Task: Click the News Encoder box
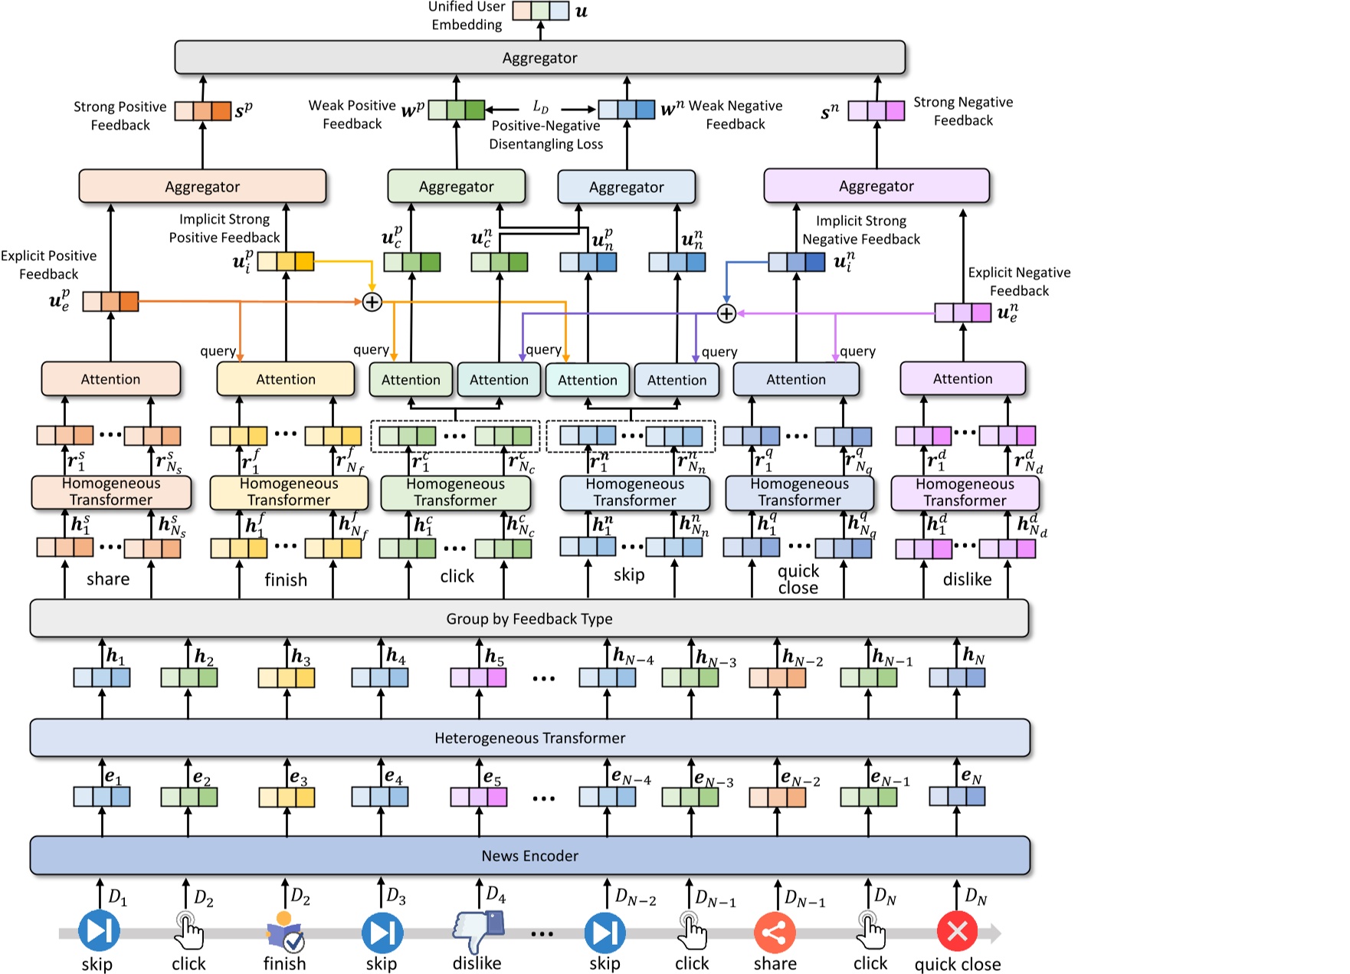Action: (x=529, y=855)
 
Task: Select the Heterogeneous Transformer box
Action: (x=529, y=738)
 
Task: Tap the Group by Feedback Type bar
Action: (x=529, y=618)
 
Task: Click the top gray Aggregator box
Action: (x=539, y=57)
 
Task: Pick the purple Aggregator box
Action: (x=876, y=186)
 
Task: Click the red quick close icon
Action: (x=957, y=931)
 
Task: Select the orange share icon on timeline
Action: (x=775, y=933)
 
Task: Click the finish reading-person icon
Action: (x=285, y=931)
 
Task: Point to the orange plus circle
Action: (x=372, y=302)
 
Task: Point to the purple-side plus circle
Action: (x=726, y=313)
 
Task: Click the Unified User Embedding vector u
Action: (x=540, y=11)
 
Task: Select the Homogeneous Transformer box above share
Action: (x=111, y=492)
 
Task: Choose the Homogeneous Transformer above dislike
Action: (x=965, y=493)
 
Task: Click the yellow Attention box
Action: (x=285, y=379)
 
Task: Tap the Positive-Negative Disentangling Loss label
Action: (x=546, y=135)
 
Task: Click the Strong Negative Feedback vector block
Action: (x=876, y=111)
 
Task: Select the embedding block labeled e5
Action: (x=478, y=797)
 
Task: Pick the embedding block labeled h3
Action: (x=286, y=677)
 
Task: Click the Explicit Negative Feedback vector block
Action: (x=962, y=313)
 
